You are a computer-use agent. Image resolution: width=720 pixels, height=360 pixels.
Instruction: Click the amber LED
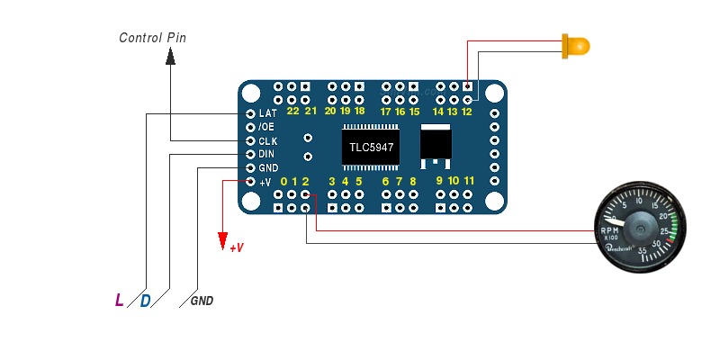[x=574, y=45]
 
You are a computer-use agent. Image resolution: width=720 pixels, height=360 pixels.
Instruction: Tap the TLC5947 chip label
[x=370, y=147]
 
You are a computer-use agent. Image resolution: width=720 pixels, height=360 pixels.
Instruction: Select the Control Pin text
[x=153, y=38]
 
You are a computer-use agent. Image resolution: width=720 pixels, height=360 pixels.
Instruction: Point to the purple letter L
[x=120, y=300]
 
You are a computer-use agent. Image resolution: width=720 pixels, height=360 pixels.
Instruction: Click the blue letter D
[x=145, y=300]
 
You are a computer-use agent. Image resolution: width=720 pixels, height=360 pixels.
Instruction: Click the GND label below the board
[x=202, y=301]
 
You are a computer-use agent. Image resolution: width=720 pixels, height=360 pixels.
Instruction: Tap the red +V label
[x=237, y=247]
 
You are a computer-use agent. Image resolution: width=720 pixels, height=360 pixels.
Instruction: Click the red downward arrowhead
[x=221, y=241]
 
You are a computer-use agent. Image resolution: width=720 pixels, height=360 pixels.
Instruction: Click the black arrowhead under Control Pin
[x=169, y=57]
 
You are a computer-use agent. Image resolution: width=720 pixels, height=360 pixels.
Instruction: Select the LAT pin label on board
[x=267, y=114]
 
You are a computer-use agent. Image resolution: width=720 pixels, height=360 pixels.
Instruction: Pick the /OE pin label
[x=266, y=128]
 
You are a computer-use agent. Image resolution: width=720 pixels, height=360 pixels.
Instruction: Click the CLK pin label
[x=267, y=141]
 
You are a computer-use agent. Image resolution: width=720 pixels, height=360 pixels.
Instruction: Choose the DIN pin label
[x=266, y=155]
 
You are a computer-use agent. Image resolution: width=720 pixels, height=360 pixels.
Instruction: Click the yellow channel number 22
[x=292, y=112]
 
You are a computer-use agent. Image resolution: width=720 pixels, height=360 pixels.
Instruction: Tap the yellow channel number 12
[x=467, y=112]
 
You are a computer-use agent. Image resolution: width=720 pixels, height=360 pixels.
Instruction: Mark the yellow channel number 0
[x=283, y=182]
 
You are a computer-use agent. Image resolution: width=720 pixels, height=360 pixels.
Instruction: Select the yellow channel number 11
[x=469, y=182]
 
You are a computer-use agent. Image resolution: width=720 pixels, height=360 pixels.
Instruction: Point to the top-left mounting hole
[x=252, y=93]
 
